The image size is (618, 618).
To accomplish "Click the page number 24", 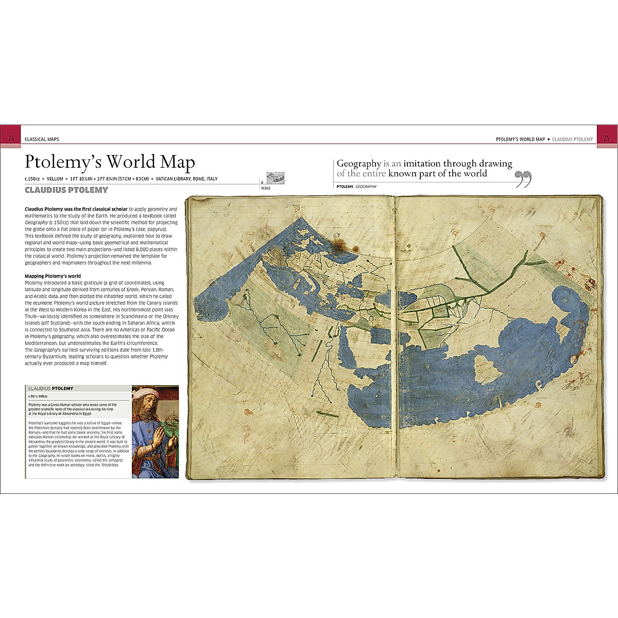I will coord(11,139).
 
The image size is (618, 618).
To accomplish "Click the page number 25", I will coord(606,139).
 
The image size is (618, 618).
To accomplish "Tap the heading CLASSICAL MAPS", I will coord(42,140).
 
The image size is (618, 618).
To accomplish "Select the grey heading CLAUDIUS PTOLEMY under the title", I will coord(66,190).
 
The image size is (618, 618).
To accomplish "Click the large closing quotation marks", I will coord(523,179).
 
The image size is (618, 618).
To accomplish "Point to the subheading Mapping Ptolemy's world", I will coord(53,277).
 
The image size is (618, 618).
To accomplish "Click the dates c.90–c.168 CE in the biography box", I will coord(38,397).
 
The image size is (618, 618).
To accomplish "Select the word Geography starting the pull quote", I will coord(358,164).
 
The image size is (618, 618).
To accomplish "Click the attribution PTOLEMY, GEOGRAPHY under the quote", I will coord(356,186).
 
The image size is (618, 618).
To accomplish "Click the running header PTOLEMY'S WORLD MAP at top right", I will coord(520,140).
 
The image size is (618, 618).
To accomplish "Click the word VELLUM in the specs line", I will coord(55,179).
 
